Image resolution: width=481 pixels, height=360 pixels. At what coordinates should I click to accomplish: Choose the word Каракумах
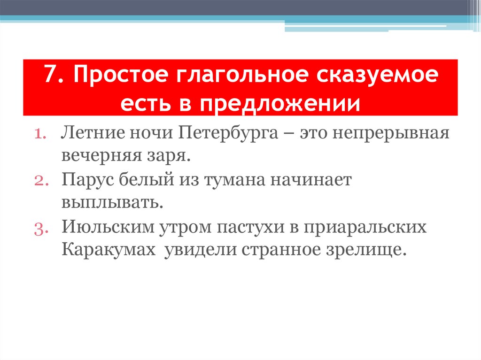pos(108,249)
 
